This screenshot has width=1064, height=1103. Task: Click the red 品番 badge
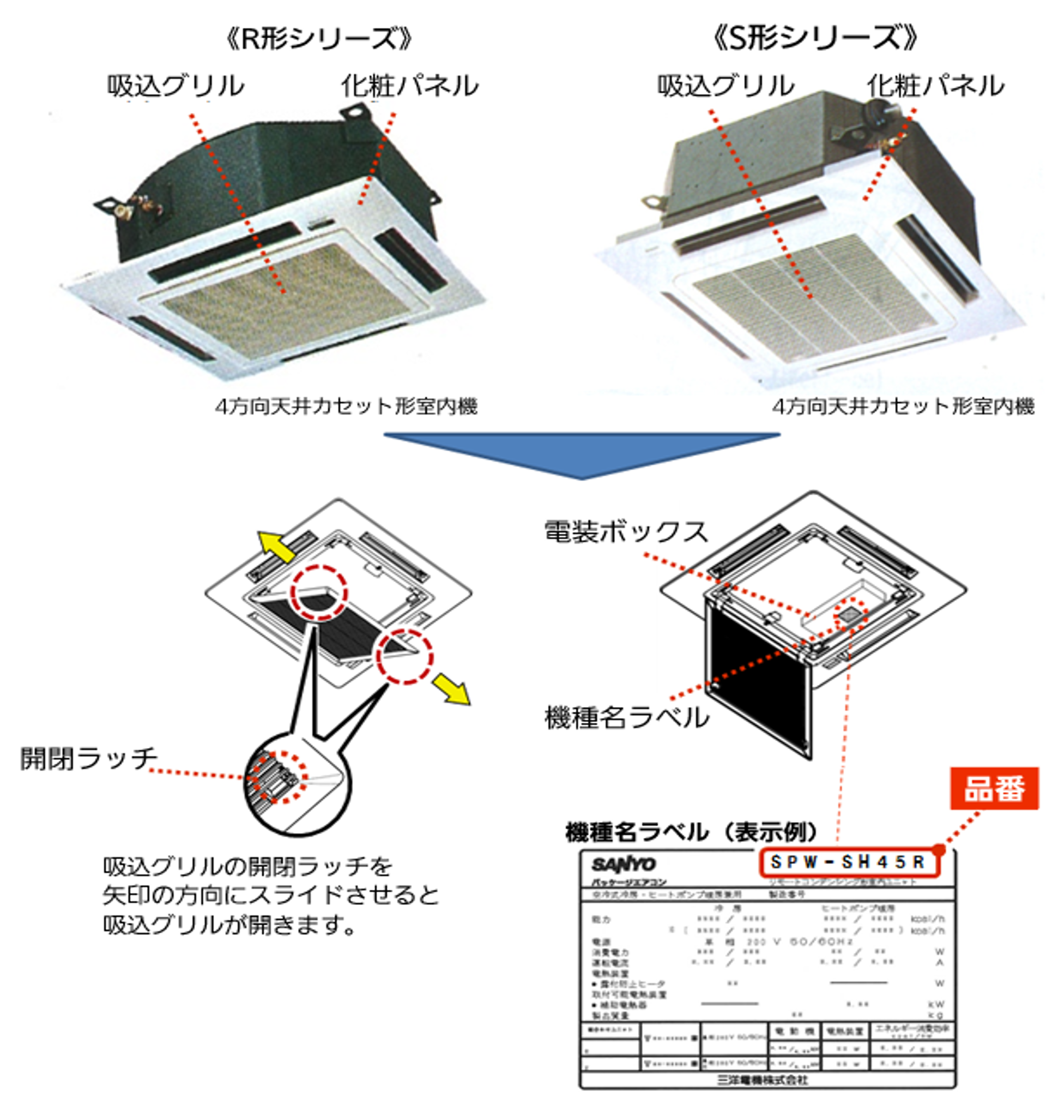[994, 788]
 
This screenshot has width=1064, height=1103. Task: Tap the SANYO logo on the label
[623, 864]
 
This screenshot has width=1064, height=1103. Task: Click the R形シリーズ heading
[318, 38]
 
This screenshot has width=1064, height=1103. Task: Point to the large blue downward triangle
[582, 453]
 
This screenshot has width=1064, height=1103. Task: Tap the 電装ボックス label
[625, 532]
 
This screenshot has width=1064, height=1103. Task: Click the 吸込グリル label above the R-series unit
[176, 86]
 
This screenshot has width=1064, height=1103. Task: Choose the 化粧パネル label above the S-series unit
[935, 86]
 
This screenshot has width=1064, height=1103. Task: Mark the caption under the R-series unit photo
[346, 406]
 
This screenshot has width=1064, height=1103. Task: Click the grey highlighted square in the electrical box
[849, 616]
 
